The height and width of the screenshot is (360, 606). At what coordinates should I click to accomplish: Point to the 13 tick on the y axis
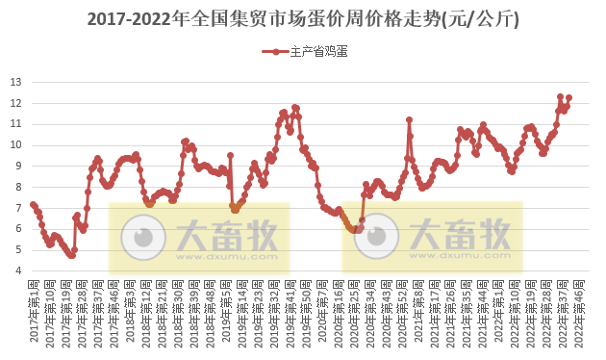click(15, 81)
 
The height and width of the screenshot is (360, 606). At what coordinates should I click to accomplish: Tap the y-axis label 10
click(15, 144)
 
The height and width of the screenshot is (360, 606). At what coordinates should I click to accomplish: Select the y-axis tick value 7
click(18, 208)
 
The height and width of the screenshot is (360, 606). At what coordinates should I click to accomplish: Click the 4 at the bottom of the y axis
click(18, 270)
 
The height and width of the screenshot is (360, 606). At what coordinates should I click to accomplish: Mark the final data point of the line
click(569, 97)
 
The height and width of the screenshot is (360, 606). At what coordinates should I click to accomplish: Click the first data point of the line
click(33, 204)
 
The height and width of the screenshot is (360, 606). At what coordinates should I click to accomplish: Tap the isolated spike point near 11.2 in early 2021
click(409, 119)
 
